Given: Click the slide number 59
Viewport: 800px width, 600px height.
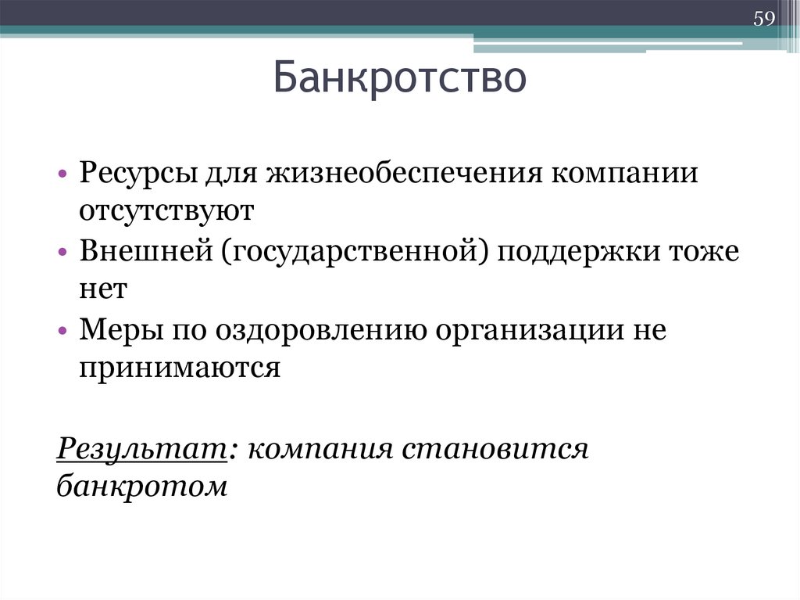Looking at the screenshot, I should (763, 18).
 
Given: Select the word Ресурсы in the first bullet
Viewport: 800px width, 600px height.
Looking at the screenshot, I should (137, 173).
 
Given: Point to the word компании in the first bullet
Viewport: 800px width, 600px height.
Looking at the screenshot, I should (625, 173).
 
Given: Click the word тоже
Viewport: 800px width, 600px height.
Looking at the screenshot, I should (705, 252).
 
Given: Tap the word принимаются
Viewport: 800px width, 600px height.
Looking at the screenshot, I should (179, 368).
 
